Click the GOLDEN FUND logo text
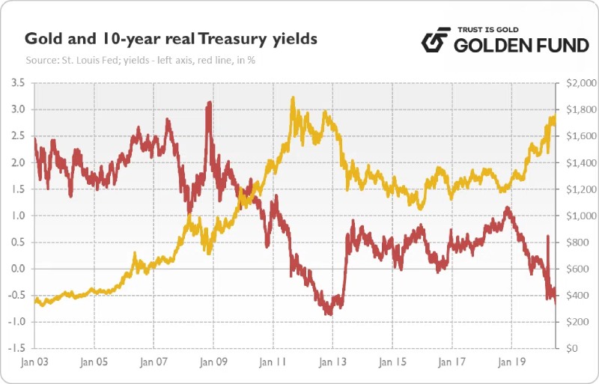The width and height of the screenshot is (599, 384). coord(522,46)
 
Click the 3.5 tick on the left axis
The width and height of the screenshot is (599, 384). coord(16,82)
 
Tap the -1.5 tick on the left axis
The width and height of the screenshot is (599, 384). coord(15,349)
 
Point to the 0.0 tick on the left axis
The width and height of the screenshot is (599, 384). coord(16,269)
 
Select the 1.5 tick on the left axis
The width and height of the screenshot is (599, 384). coord(16,189)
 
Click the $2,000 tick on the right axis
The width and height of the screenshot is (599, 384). coord(578,82)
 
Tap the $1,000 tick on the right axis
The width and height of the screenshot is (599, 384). coord(578,216)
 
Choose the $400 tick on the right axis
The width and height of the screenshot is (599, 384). coord(575,296)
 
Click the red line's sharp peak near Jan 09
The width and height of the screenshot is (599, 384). coord(209,103)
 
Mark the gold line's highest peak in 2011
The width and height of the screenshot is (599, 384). coord(292,98)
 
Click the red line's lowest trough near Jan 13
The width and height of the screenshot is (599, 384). coord(329,314)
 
